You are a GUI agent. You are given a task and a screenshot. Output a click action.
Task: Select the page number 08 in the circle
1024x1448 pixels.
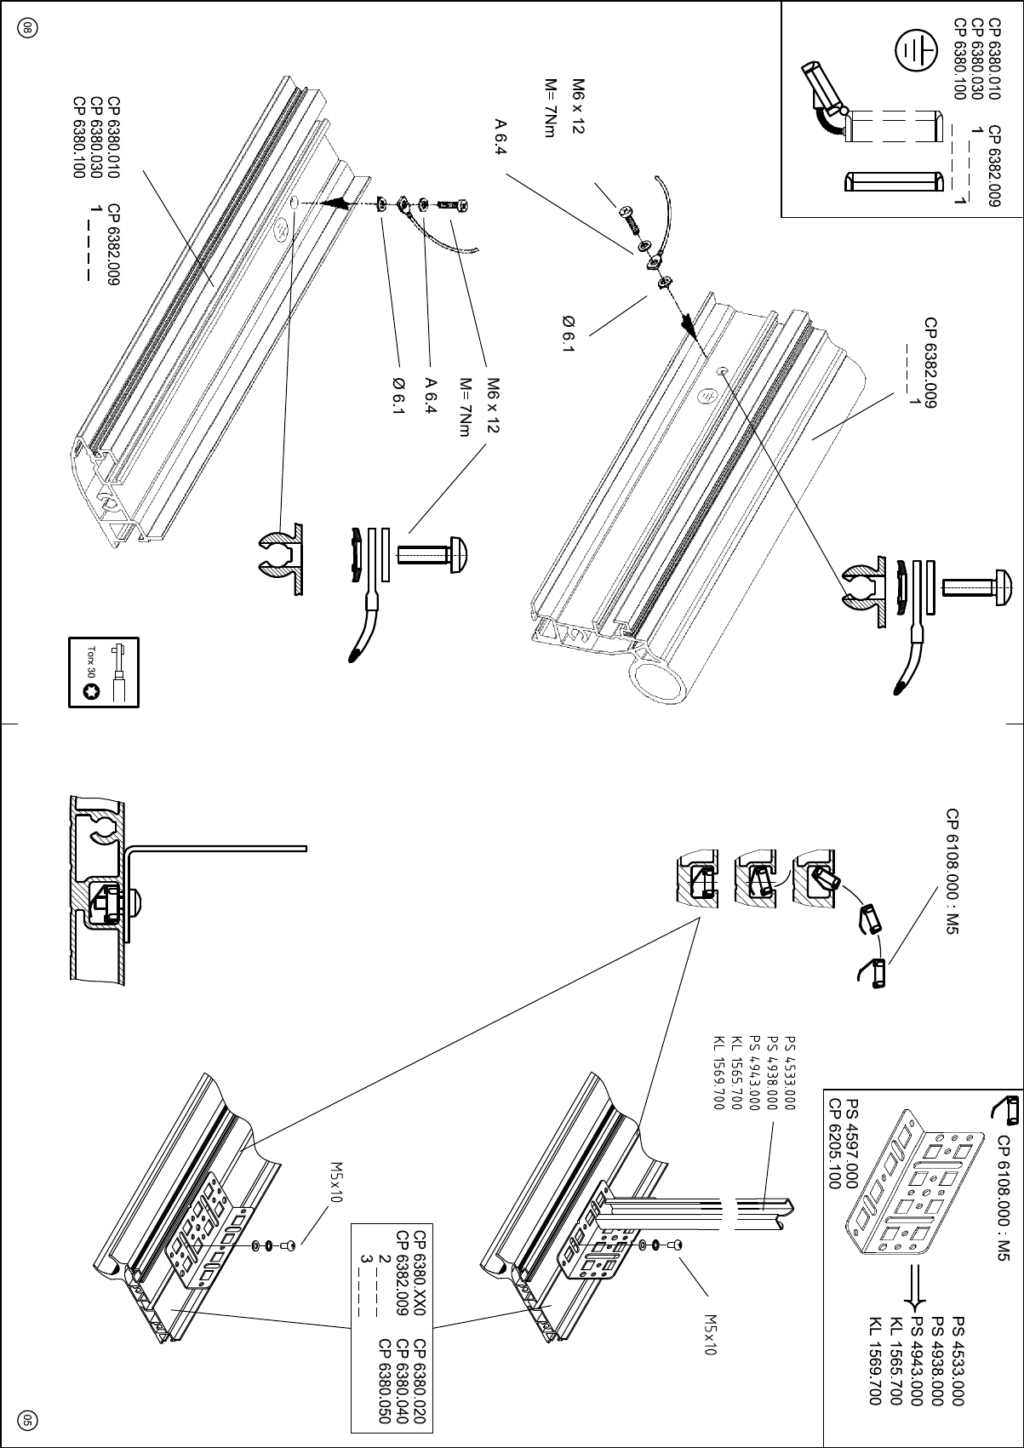(x=27, y=28)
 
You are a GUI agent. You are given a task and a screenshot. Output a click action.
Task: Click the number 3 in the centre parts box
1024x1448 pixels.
(x=366, y=1258)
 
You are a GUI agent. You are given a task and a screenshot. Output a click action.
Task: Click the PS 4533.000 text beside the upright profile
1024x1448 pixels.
(x=789, y=1073)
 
